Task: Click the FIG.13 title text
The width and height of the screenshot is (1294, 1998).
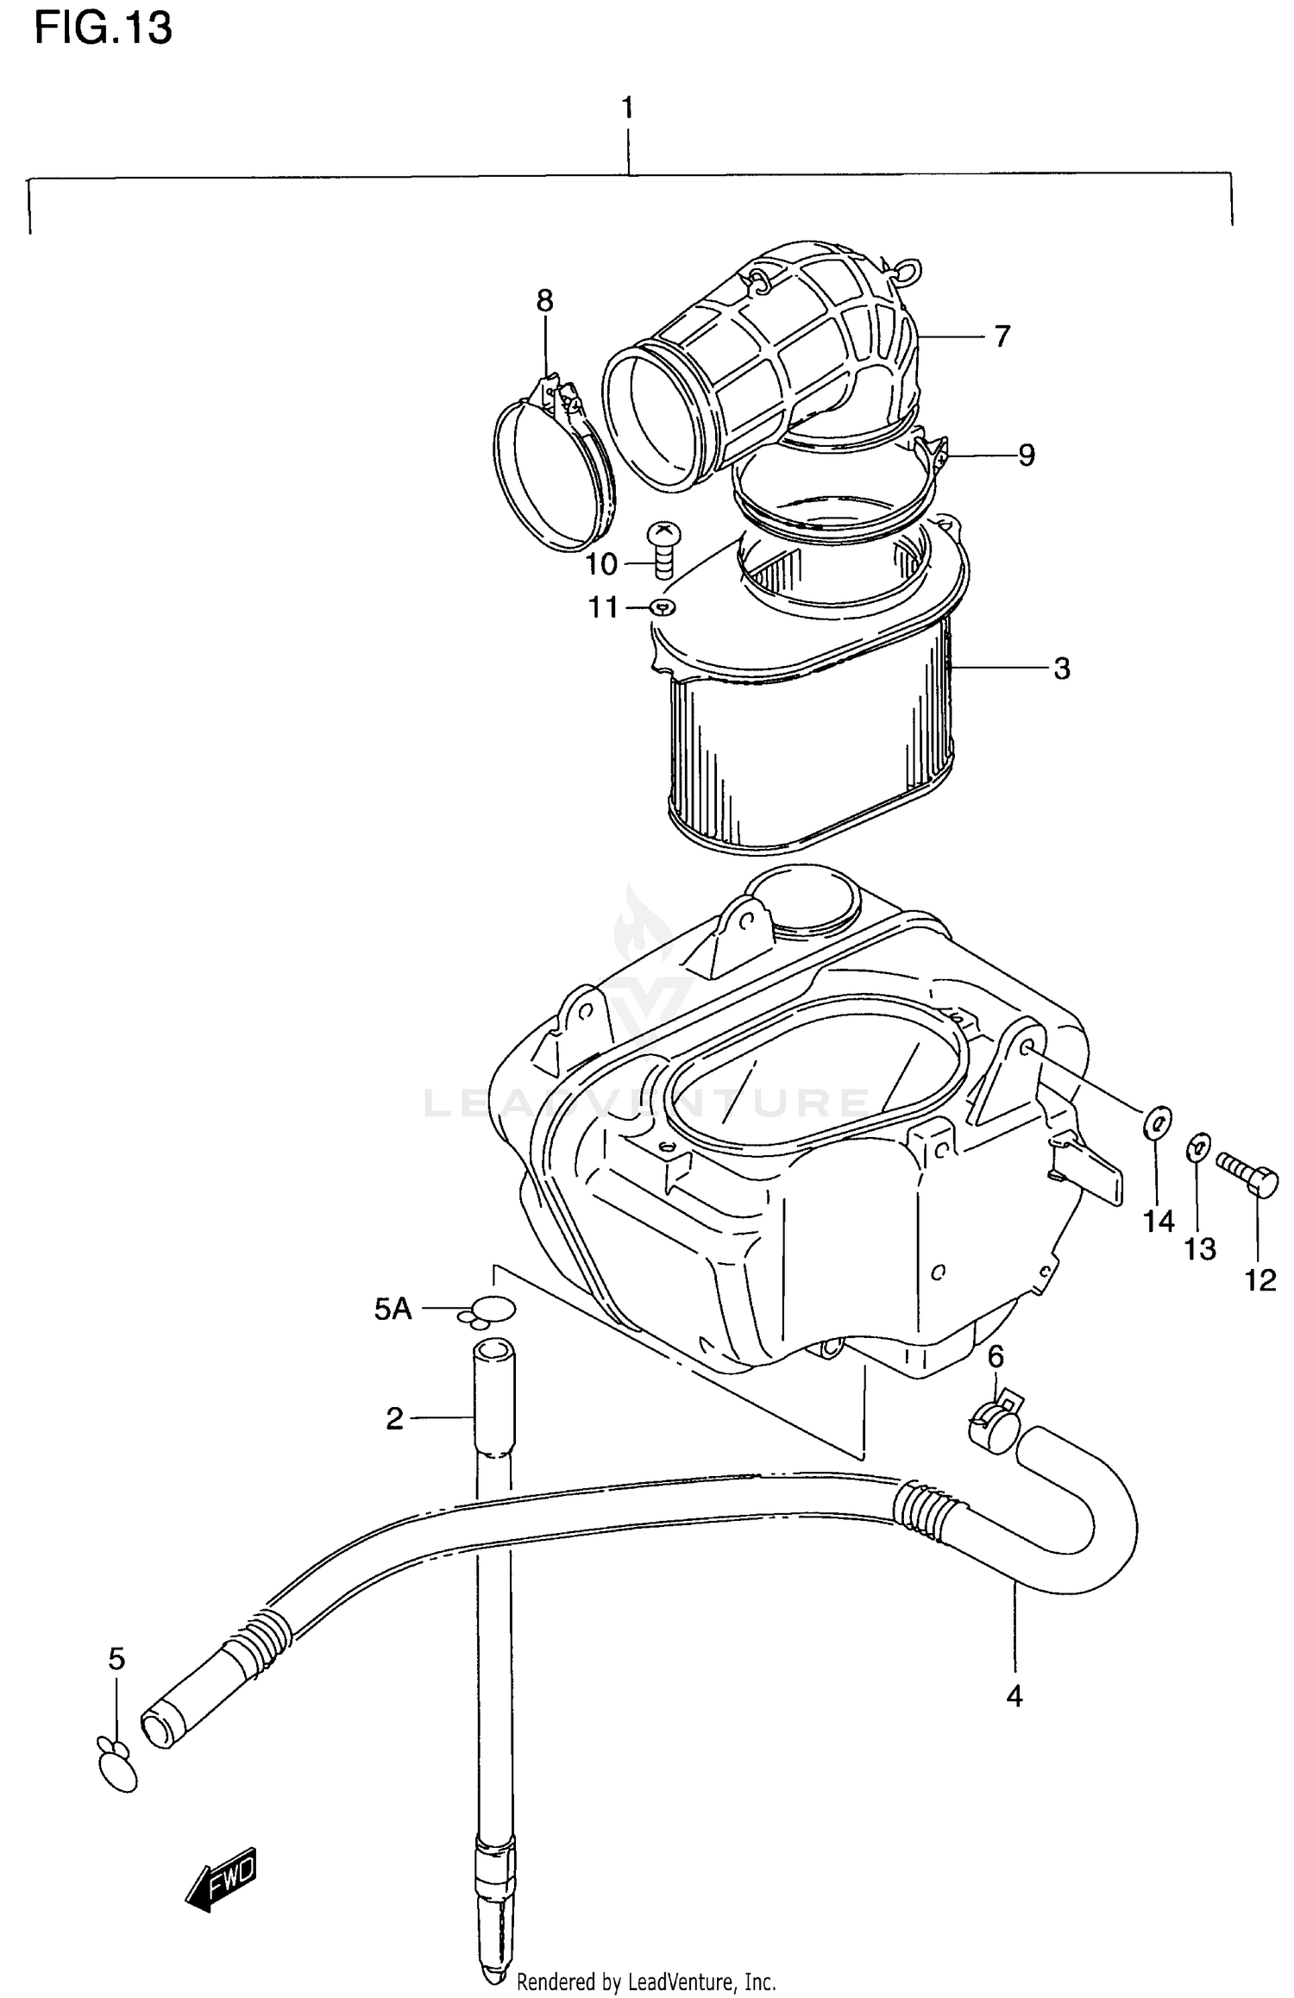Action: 103,28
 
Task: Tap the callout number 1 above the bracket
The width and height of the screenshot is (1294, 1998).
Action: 628,108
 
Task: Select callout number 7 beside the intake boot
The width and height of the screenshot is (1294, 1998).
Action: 1001,336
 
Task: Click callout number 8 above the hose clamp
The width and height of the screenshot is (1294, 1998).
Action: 544,301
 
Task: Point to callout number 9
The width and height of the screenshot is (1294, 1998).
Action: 1026,455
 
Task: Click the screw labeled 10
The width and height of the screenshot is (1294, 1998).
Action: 664,550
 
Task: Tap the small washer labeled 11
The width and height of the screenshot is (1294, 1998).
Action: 663,607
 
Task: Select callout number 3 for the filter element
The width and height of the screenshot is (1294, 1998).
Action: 1062,668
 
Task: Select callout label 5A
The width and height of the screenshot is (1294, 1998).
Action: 393,1309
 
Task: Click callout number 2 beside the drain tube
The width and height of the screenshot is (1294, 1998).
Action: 394,1418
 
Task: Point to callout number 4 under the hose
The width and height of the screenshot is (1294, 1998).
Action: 1014,1696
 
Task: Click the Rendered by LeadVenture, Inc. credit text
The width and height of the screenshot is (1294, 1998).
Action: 646,1982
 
